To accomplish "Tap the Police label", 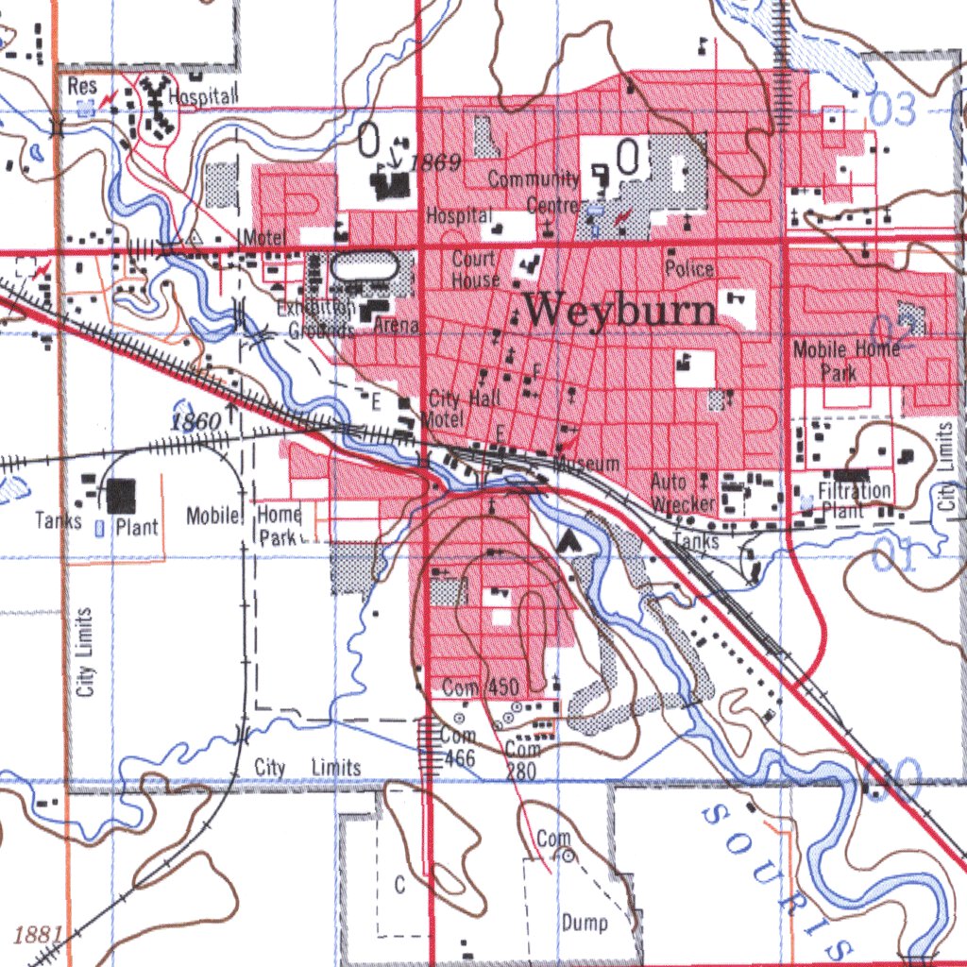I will coord(689,269).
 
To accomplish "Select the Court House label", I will coord(474,269).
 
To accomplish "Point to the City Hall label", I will coord(465,399).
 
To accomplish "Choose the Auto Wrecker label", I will coord(682,493).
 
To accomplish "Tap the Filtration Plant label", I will coord(854,500).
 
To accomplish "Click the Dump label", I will coord(585,922).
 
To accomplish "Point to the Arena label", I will coord(397,327).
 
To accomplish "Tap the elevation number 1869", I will coord(435,163).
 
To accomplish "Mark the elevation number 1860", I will coord(195,421).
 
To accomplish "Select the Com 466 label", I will coord(458,747).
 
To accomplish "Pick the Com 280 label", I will coord(521,760).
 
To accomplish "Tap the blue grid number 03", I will coord(892,110).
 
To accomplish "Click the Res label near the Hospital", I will coord(82,86).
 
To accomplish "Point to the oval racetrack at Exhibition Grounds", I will coord(365,267).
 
